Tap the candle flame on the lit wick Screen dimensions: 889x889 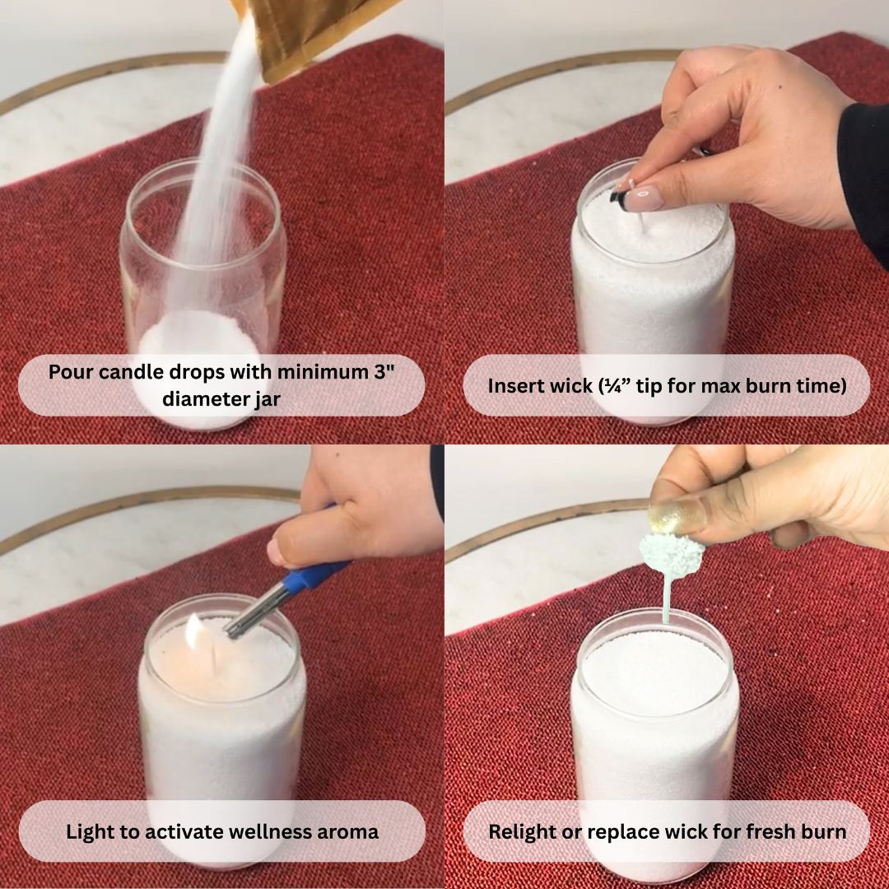(194, 631)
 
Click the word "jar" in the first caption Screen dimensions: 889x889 (267, 399)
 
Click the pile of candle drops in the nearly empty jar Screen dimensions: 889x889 (198, 334)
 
